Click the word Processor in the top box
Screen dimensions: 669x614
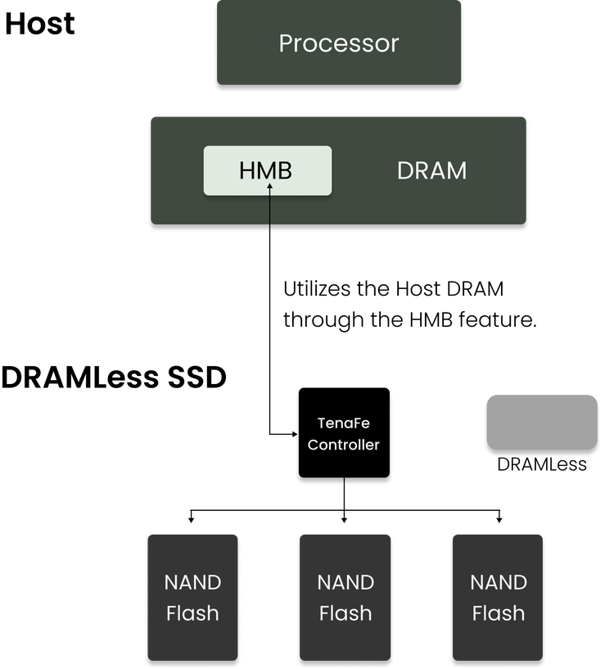[x=338, y=43]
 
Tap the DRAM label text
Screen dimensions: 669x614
[x=431, y=170]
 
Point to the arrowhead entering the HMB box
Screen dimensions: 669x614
[x=269, y=188]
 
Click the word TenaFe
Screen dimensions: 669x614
[x=343, y=424]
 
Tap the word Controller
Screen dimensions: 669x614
[x=343, y=445]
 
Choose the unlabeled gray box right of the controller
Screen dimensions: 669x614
[x=541, y=423]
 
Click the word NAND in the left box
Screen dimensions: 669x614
[x=192, y=582]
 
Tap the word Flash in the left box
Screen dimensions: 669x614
[x=192, y=613]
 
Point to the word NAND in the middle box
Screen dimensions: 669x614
[x=345, y=582]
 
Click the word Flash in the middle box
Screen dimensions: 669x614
[x=345, y=613]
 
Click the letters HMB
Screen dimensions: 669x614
[x=266, y=170]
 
